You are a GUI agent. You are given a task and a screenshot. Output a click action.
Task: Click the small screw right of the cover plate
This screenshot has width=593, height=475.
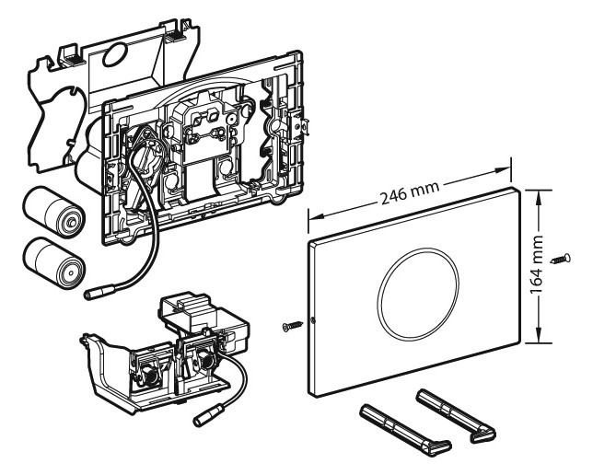pos(559,261)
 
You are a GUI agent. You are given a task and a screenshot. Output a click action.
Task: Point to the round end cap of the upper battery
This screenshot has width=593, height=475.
pos(69,221)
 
